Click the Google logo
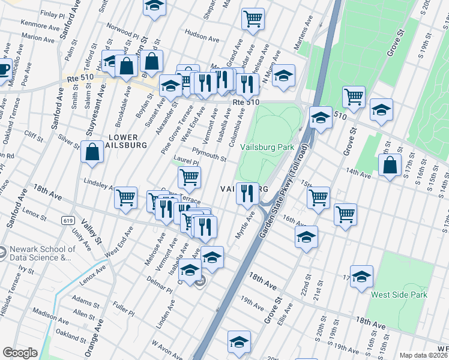tap(20, 353)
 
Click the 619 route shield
tap(67, 221)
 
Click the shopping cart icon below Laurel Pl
tap(189, 177)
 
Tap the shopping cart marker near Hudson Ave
tap(253, 18)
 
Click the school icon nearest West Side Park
tap(361, 276)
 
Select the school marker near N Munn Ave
tap(283, 75)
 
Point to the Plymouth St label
tap(209, 154)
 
